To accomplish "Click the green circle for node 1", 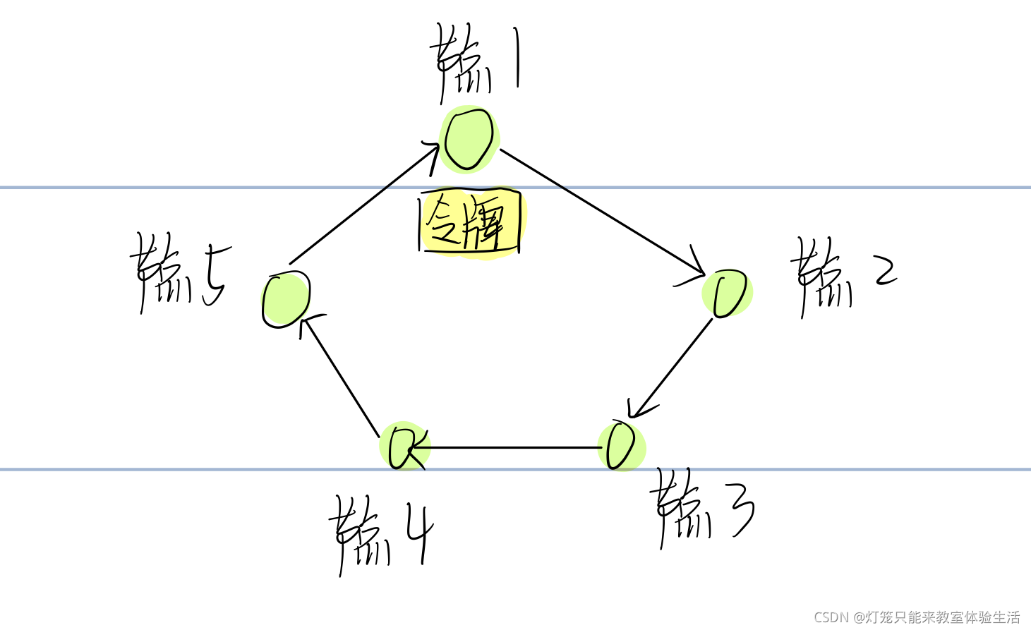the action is click(469, 139).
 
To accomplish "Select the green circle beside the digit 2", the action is click(728, 293).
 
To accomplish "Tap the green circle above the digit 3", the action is click(621, 446).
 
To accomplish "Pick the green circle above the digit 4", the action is click(404, 447).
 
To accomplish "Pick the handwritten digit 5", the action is click(214, 275).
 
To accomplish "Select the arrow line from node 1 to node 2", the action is click(600, 212).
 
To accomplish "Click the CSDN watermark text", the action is click(917, 617).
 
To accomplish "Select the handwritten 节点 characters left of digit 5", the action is click(162, 275).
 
